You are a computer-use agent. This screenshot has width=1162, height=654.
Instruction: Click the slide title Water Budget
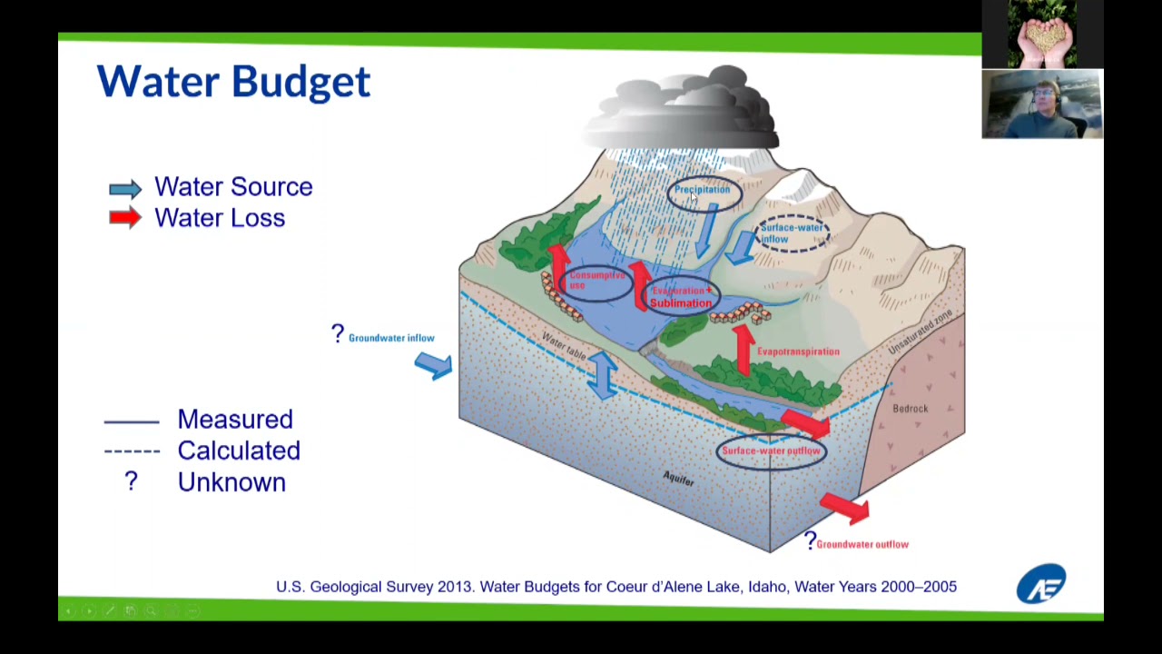click(x=233, y=82)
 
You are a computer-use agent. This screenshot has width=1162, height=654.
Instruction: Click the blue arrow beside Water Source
click(x=125, y=188)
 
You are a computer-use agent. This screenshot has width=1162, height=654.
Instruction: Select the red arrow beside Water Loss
click(x=125, y=218)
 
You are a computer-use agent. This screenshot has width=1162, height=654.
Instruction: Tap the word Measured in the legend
click(x=235, y=420)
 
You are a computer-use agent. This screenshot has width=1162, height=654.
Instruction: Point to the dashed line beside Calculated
click(x=132, y=451)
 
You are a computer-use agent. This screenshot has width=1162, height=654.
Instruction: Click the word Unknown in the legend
click(x=231, y=482)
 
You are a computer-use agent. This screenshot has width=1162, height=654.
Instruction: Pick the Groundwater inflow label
click(x=391, y=338)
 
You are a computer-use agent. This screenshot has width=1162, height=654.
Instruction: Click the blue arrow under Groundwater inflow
click(x=433, y=365)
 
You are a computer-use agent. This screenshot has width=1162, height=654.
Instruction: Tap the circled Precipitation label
click(x=702, y=191)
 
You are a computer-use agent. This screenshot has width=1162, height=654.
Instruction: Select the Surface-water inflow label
click(x=793, y=233)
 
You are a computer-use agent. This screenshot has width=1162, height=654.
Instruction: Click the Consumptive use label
click(x=596, y=280)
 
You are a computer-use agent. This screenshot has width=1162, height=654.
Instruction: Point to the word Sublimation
click(x=681, y=303)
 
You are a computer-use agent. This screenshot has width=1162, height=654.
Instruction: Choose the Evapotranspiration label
click(x=798, y=352)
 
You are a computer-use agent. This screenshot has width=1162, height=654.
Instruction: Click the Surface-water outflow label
click(x=771, y=451)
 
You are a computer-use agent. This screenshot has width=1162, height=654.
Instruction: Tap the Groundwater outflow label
click(x=862, y=544)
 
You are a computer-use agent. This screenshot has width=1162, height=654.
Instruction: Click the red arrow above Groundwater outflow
click(x=844, y=507)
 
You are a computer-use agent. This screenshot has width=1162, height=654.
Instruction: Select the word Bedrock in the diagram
click(x=910, y=409)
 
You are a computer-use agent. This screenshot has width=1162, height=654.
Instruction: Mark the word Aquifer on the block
click(x=678, y=478)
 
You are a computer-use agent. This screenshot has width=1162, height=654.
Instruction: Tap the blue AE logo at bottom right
click(x=1041, y=584)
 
